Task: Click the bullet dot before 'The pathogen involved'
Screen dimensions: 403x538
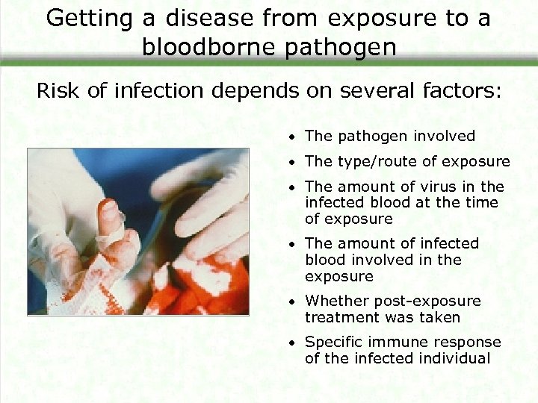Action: click(x=296, y=137)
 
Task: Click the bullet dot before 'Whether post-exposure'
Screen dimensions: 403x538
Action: click(x=296, y=302)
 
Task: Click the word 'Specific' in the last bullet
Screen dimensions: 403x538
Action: click(x=334, y=343)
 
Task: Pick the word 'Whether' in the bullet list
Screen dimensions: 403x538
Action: click(x=333, y=302)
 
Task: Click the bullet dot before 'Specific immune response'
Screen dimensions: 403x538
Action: click(x=296, y=343)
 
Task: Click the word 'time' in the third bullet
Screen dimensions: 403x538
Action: click(x=483, y=203)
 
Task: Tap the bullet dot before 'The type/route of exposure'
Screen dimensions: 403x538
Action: click(x=296, y=162)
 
